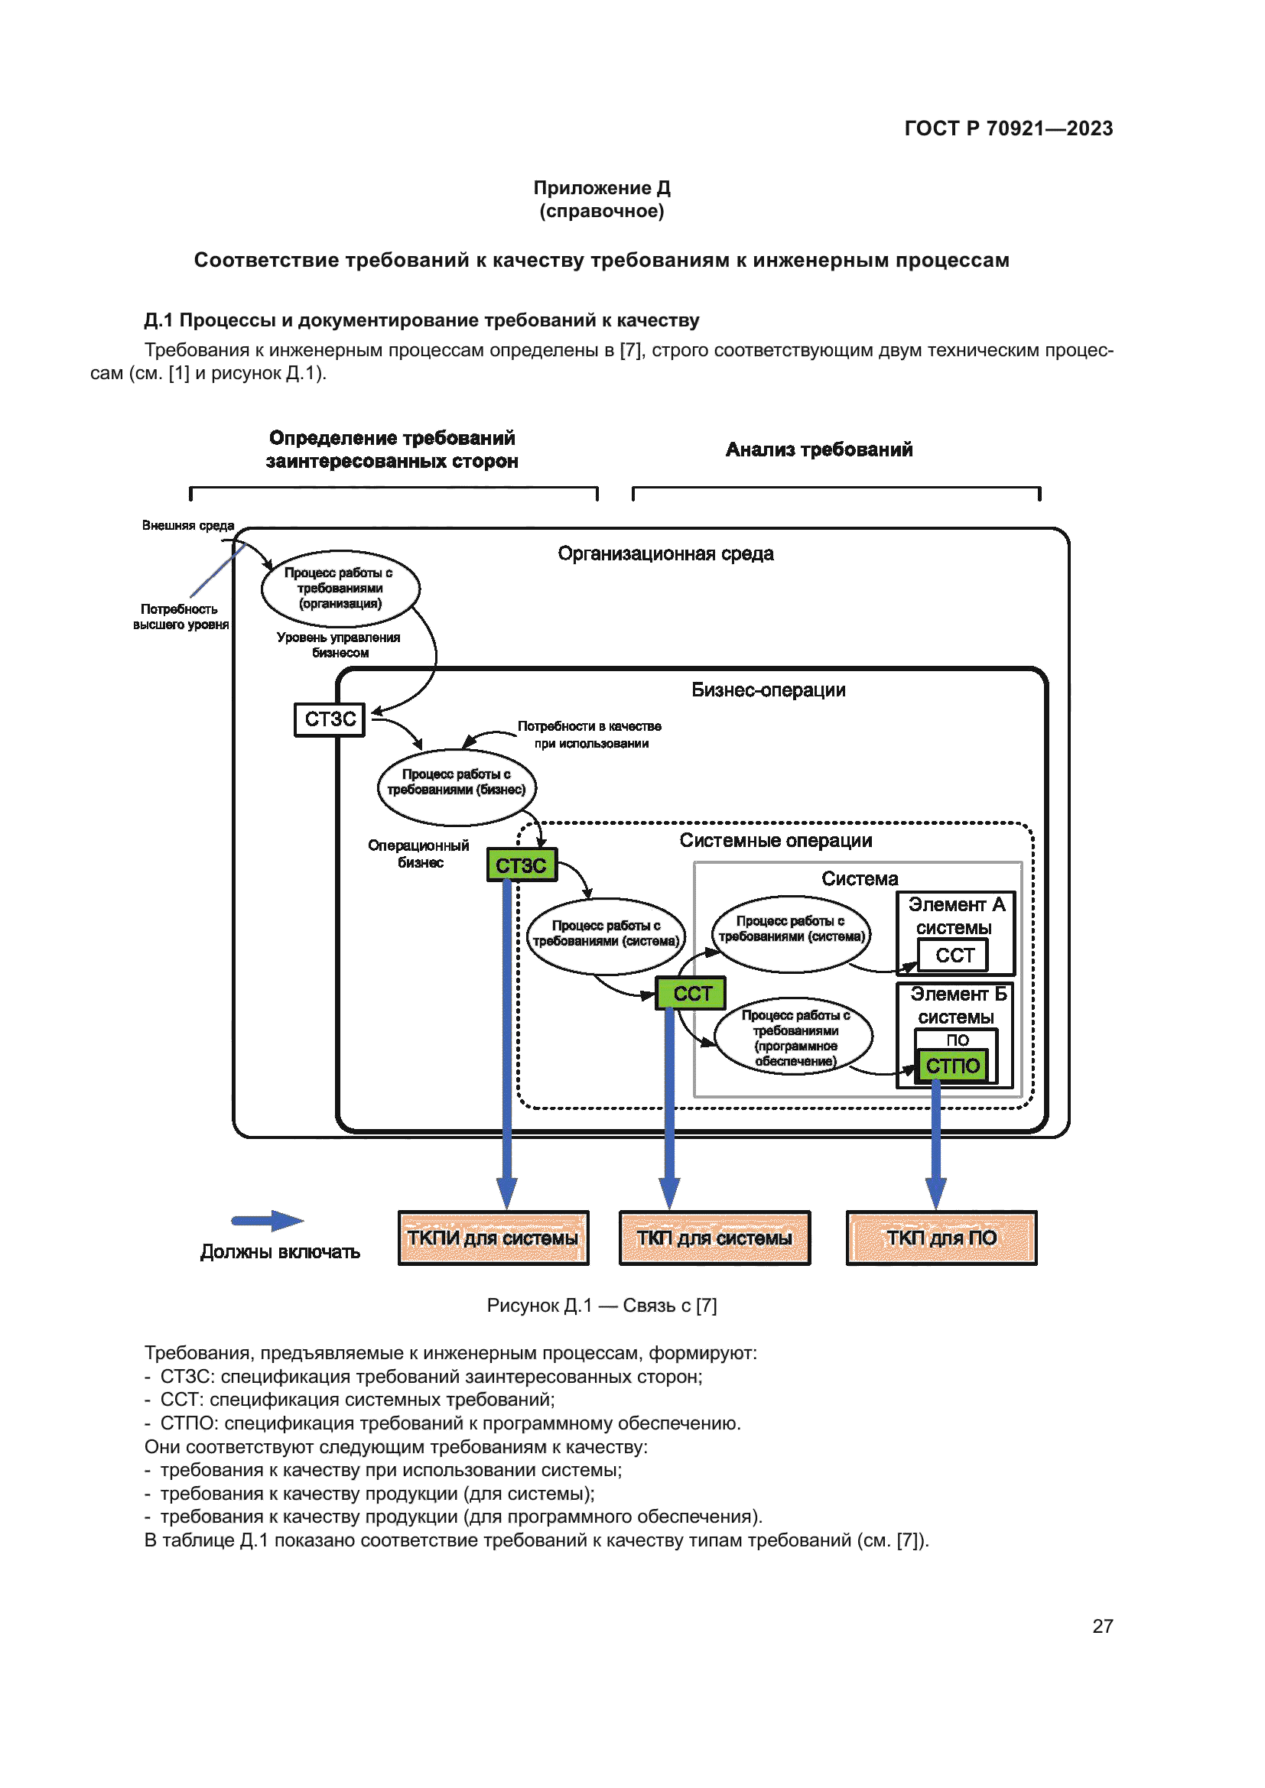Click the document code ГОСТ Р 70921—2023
tap(1008, 128)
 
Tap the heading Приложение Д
tap(601, 188)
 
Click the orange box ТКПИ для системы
tap(493, 1238)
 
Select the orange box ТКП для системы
tap(714, 1238)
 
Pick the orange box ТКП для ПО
tap(941, 1238)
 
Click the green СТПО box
tap(953, 1066)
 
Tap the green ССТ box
tap(691, 993)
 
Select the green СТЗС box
tap(522, 865)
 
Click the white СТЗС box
tap(330, 719)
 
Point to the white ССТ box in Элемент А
tap(954, 955)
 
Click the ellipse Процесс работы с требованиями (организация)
tap(340, 588)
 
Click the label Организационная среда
tap(665, 553)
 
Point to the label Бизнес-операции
tap(768, 690)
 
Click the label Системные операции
tap(775, 840)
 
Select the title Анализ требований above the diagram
tap(818, 449)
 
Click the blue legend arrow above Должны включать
tap(267, 1220)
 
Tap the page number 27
tap(1102, 1625)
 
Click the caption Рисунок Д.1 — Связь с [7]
tap(601, 1305)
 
